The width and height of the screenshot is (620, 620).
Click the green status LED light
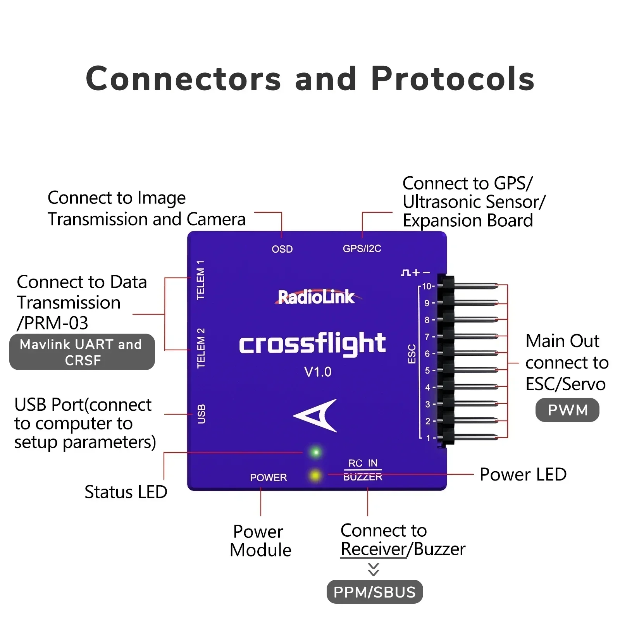[316, 452]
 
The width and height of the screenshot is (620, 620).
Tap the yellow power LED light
[315, 475]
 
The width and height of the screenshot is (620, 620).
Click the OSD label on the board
[282, 249]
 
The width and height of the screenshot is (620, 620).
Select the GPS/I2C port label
[362, 248]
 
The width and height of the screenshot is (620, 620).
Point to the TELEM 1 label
[200, 280]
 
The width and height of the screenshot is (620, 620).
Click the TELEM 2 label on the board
[201, 348]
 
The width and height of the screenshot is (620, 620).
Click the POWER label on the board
[268, 477]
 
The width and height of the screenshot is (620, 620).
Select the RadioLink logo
[316, 297]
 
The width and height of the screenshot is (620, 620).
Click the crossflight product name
[312, 343]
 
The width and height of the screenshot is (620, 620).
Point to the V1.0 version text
[318, 372]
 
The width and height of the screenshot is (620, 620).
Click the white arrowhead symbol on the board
[317, 415]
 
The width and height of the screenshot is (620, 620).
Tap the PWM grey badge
[567, 410]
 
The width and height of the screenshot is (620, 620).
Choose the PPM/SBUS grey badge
[374, 592]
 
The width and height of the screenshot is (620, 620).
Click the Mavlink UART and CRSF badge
[82, 352]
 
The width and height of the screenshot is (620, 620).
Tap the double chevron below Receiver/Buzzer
[374, 569]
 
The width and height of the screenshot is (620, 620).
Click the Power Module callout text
[260, 541]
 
